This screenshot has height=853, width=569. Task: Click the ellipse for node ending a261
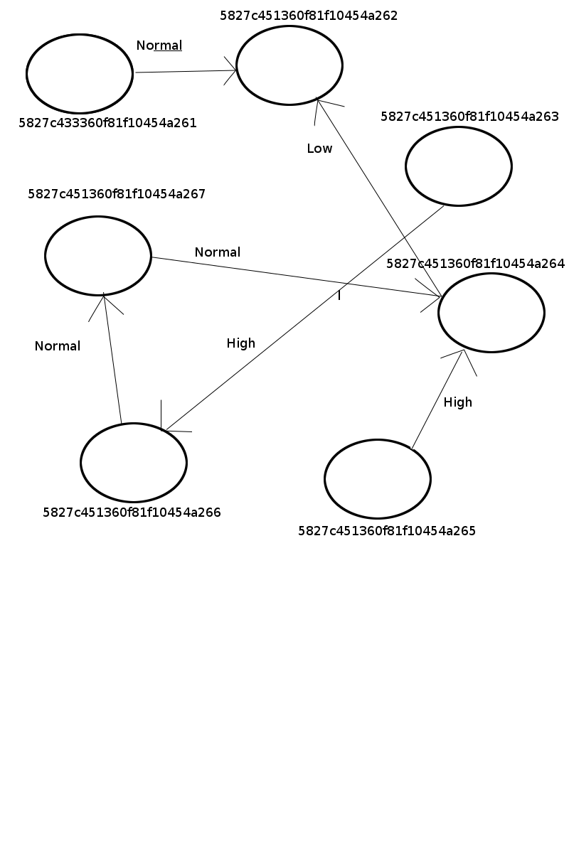80,74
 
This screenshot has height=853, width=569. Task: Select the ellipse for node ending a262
289,65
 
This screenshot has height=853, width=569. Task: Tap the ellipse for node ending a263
459,166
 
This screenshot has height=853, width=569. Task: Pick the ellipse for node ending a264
491,313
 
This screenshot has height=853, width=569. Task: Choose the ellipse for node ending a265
378,479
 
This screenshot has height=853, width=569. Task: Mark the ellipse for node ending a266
134,463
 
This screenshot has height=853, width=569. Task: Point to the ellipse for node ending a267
98,256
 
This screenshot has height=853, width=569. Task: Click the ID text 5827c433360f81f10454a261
107,123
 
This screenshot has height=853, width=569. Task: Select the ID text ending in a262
309,16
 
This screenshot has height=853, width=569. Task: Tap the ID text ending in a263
469,117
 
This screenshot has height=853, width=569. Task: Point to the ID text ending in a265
387,530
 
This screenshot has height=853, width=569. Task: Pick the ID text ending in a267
117,193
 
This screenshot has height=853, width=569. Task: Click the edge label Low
319,149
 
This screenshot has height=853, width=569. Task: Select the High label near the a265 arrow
457,402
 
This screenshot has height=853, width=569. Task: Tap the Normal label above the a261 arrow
159,45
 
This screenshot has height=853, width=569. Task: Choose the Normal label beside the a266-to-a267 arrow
58,346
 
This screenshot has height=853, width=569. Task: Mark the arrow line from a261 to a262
185,71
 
